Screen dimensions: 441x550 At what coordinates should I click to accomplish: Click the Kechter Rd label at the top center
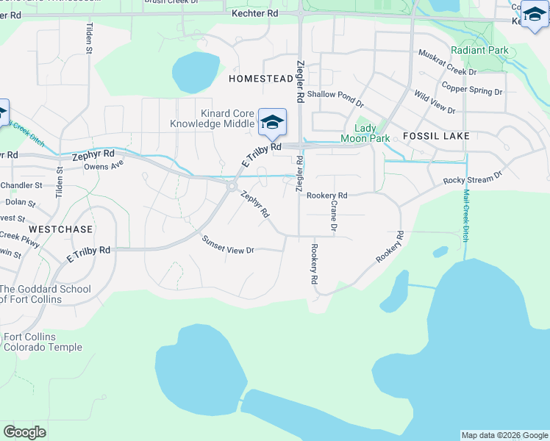(254, 13)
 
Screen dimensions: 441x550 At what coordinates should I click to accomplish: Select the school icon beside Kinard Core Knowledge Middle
(272, 123)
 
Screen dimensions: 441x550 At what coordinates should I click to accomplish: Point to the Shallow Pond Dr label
(335, 95)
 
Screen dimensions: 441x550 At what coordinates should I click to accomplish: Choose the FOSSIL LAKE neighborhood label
(436, 137)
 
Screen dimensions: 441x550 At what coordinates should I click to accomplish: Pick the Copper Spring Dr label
(471, 90)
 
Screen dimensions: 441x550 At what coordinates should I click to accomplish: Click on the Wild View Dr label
(434, 101)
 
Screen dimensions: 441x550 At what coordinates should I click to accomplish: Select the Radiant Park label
(479, 50)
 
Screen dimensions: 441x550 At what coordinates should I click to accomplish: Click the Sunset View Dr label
(229, 245)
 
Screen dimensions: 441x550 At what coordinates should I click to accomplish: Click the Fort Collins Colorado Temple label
(43, 343)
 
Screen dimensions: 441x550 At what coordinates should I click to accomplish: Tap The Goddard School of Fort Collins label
(46, 294)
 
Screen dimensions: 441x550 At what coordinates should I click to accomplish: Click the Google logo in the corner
(24, 431)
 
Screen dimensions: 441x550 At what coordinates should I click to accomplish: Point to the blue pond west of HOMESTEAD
(196, 72)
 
